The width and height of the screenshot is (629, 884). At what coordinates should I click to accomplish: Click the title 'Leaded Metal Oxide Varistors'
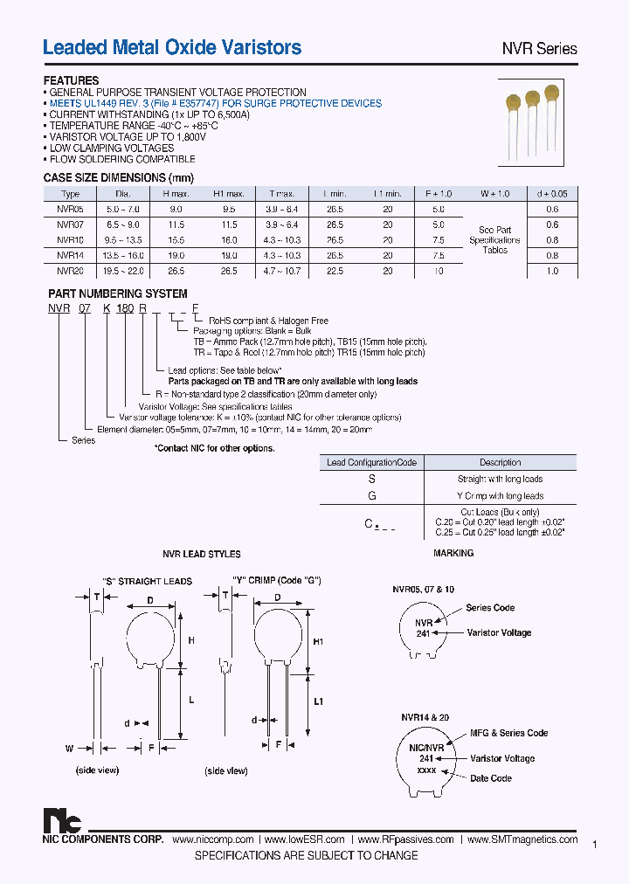(x=172, y=48)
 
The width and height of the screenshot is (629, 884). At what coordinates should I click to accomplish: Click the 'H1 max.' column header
(x=229, y=194)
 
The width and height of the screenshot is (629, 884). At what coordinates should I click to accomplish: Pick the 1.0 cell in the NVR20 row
(x=551, y=272)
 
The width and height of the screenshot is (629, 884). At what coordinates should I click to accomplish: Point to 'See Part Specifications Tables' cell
(x=494, y=240)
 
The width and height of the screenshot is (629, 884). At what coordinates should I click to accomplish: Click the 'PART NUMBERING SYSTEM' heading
(x=117, y=294)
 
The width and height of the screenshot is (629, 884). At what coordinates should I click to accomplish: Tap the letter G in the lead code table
(x=372, y=496)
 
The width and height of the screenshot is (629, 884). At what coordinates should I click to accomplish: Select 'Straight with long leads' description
(x=500, y=479)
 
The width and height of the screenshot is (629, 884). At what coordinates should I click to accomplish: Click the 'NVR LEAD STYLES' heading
(x=202, y=554)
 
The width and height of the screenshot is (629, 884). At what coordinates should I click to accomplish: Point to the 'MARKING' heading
(x=453, y=553)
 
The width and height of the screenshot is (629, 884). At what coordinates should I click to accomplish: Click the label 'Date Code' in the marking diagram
(x=491, y=778)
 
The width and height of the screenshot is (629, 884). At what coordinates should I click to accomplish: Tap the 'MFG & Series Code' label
(x=508, y=733)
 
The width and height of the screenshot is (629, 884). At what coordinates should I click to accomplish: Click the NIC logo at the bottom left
(x=62, y=821)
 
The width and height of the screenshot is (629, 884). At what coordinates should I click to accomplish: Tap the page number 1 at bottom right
(x=594, y=845)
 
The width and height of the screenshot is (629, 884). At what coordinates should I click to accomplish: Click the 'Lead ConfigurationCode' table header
(x=372, y=462)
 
